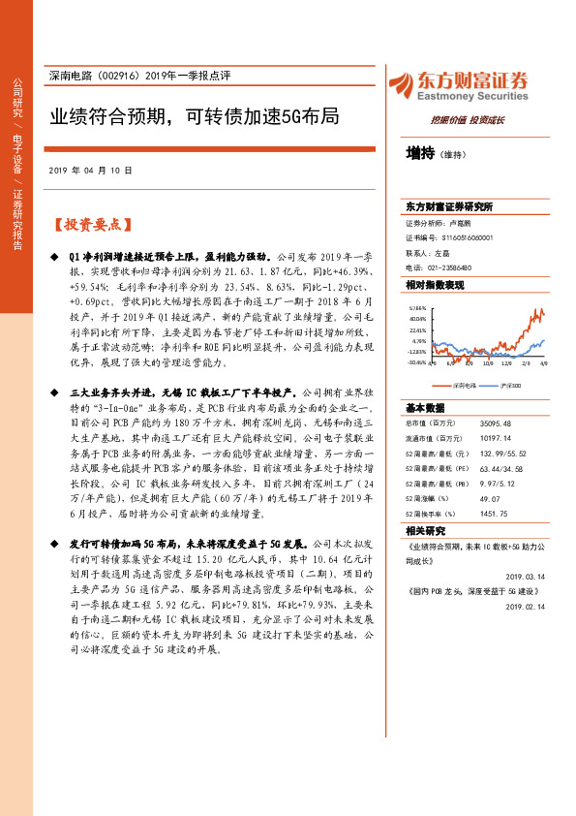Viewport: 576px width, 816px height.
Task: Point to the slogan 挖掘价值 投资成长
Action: [x=468, y=119]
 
